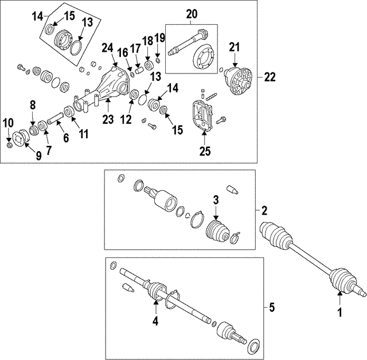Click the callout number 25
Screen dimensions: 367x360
(205, 151)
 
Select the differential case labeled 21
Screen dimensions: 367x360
(239, 81)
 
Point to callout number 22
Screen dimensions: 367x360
(270, 77)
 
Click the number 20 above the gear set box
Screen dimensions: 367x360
(192, 14)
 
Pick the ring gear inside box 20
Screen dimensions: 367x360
(203, 56)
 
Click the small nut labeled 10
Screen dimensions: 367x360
(9, 145)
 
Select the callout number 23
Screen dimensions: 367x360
(108, 119)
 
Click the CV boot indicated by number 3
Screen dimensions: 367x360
(217, 231)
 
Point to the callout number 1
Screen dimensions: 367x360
(339, 312)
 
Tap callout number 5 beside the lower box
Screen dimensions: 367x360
(271, 307)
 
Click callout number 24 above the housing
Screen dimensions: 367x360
(107, 48)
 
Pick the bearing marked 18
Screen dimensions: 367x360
(148, 65)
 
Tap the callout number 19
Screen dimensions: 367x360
(160, 38)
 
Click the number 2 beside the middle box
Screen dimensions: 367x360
(264, 211)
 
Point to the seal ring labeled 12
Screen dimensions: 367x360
(134, 95)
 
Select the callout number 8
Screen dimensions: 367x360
(33, 105)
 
